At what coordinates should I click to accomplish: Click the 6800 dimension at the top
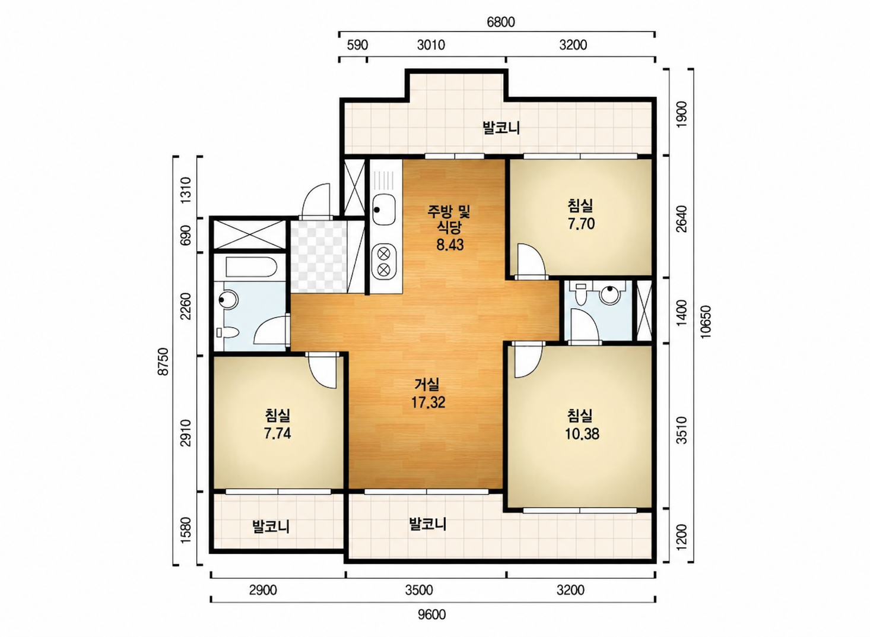(501, 22)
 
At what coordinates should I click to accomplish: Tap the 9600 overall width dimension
(431, 615)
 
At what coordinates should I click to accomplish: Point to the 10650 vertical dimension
(706, 322)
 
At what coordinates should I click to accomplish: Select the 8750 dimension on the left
(164, 361)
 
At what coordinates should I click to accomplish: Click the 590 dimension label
(357, 46)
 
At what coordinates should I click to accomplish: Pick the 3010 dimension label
(431, 46)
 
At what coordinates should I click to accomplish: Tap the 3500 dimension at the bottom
(419, 590)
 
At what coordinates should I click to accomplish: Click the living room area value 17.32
(428, 403)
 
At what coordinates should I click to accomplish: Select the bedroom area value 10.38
(582, 433)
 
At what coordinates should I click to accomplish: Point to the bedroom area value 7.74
(277, 433)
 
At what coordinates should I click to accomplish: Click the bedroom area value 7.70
(581, 224)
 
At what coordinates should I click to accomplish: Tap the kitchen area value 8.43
(450, 245)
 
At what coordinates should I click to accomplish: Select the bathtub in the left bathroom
(251, 267)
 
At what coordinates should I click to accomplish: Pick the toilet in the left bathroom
(228, 332)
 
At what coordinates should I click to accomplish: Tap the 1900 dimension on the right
(682, 114)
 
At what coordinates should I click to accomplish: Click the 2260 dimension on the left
(186, 306)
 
